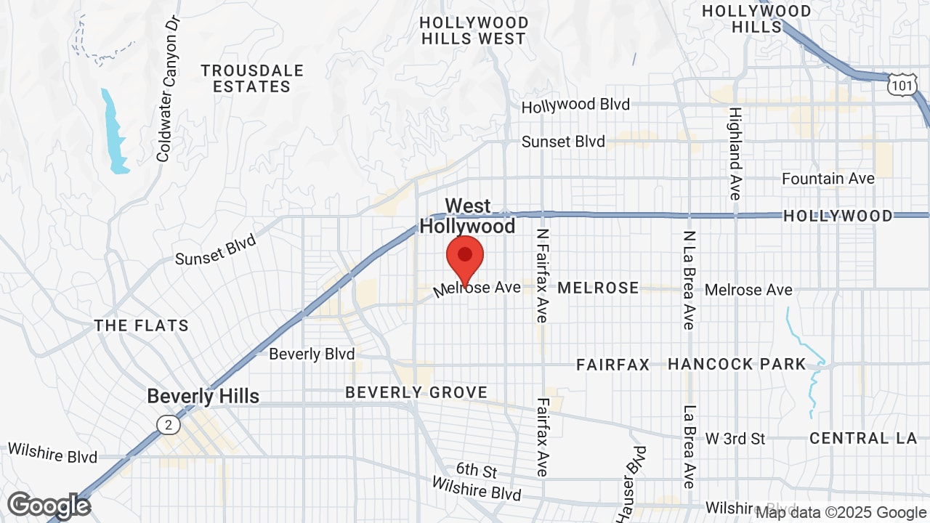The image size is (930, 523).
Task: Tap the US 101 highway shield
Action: [901, 86]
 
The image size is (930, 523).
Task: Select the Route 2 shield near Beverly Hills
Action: [168, 425]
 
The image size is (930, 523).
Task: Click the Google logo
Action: [49, 506]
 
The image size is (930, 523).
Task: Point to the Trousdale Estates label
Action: [251, 78]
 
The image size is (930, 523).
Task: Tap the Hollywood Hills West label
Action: [474, 31]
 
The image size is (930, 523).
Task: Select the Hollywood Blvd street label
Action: [575, 105]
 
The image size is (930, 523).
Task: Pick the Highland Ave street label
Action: [735, 153]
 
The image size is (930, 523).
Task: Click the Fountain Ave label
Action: [828, 178]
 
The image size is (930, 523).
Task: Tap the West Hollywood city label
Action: [468, 216]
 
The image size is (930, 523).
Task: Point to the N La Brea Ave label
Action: [689, 280]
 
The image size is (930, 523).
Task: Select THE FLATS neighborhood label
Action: [141, 325]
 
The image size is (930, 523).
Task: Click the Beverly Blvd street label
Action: [312, 354]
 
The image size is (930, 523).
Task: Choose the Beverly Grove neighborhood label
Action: [416, 392]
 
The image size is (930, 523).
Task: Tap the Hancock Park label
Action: [737, 364]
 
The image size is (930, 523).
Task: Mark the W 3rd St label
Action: [735, 439]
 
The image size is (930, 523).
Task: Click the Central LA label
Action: [859, 438]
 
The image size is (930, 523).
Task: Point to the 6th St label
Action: [476, 472]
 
